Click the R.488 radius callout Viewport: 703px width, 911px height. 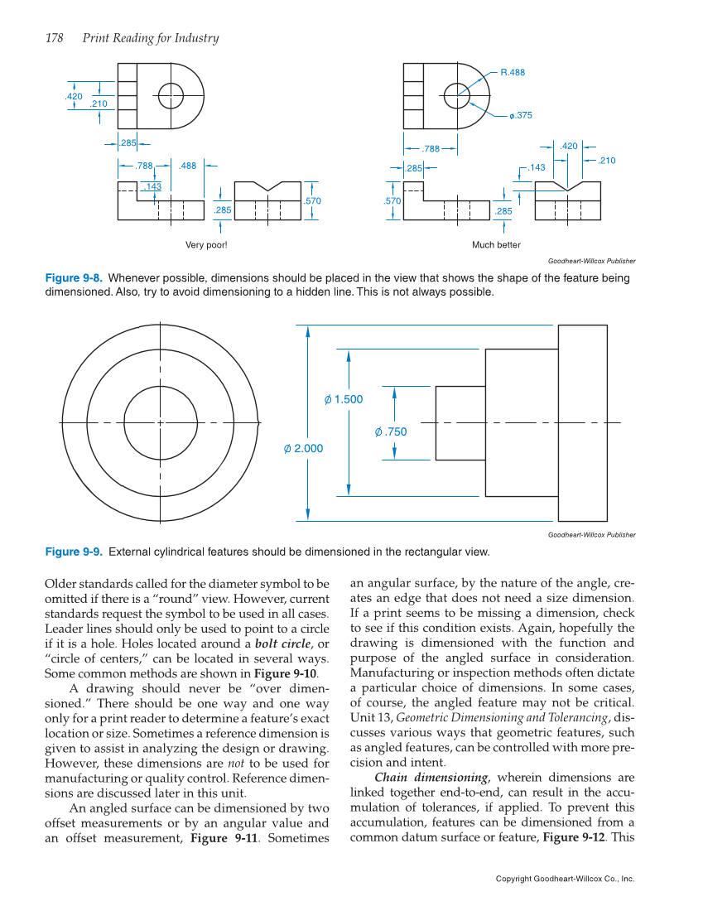tap(513, 73)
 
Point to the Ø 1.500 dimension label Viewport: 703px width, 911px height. tap(344, 400)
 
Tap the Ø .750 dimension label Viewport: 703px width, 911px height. tap(391, 431)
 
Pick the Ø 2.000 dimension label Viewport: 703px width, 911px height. tap(303, 448)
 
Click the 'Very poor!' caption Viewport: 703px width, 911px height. tap(206, 245)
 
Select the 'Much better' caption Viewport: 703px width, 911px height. tap(496, 245)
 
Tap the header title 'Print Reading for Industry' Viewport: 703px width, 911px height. tap(151, 38)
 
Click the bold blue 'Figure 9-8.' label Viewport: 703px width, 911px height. tap(73, 278)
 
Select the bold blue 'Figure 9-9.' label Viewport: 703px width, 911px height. tap(73, 552)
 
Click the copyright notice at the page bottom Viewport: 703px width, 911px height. tap(565, 879)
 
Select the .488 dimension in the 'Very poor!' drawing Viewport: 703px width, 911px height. tap(187, 166)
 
